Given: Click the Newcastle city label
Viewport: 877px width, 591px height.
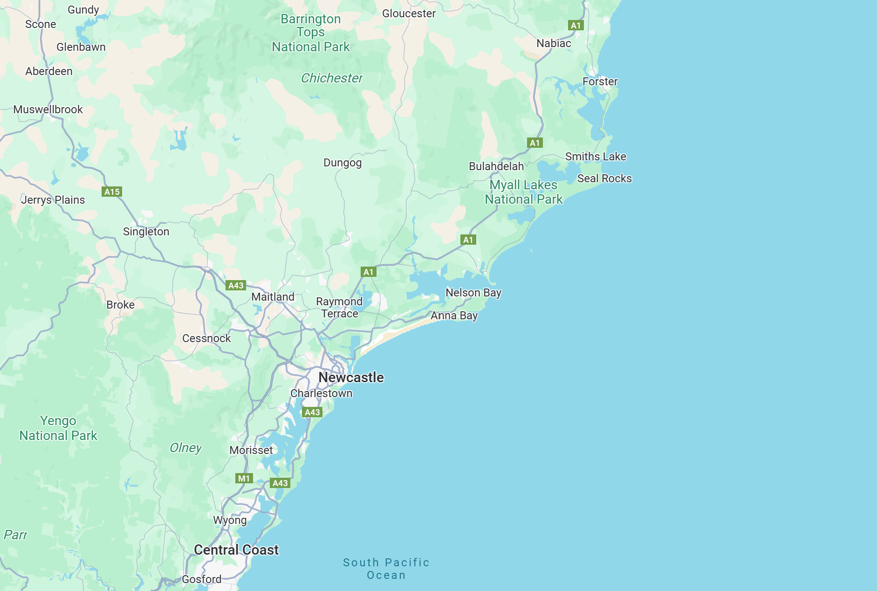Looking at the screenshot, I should point(351,378).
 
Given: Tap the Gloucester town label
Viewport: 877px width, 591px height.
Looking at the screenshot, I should point(409,14).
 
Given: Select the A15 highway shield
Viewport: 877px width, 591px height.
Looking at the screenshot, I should point(112,192).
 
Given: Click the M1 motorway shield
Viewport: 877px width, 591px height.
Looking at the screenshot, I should point(244,478).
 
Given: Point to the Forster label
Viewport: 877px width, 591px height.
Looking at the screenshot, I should point(600,82).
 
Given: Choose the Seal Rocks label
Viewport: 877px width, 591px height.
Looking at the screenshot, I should point(604,179).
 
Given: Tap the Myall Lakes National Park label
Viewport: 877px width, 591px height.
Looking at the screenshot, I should point(523,192).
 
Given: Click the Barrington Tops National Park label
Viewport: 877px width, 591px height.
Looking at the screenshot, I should point(311,33).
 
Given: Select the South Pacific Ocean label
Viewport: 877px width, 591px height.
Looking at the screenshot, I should point(386,569).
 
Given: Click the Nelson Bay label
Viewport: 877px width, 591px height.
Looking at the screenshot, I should point(473,293).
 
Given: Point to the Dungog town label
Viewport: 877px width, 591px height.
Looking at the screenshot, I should point(343,163).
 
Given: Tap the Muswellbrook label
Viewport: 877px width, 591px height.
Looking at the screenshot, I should point(48,110).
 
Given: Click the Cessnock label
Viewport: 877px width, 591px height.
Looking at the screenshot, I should point(206,338).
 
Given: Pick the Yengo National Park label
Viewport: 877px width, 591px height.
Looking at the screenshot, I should point(58,428).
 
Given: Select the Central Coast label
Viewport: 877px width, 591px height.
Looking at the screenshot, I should point(236,550).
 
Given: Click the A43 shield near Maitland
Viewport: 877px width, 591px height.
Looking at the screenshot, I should point(236,285).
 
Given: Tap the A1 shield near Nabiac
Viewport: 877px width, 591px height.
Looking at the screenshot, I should point(576,26).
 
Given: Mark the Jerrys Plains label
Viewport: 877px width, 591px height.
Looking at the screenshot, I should point(53,200).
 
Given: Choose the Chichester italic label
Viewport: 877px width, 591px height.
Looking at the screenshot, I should point(331,78).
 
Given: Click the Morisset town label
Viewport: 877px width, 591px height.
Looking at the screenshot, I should point(251,450).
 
